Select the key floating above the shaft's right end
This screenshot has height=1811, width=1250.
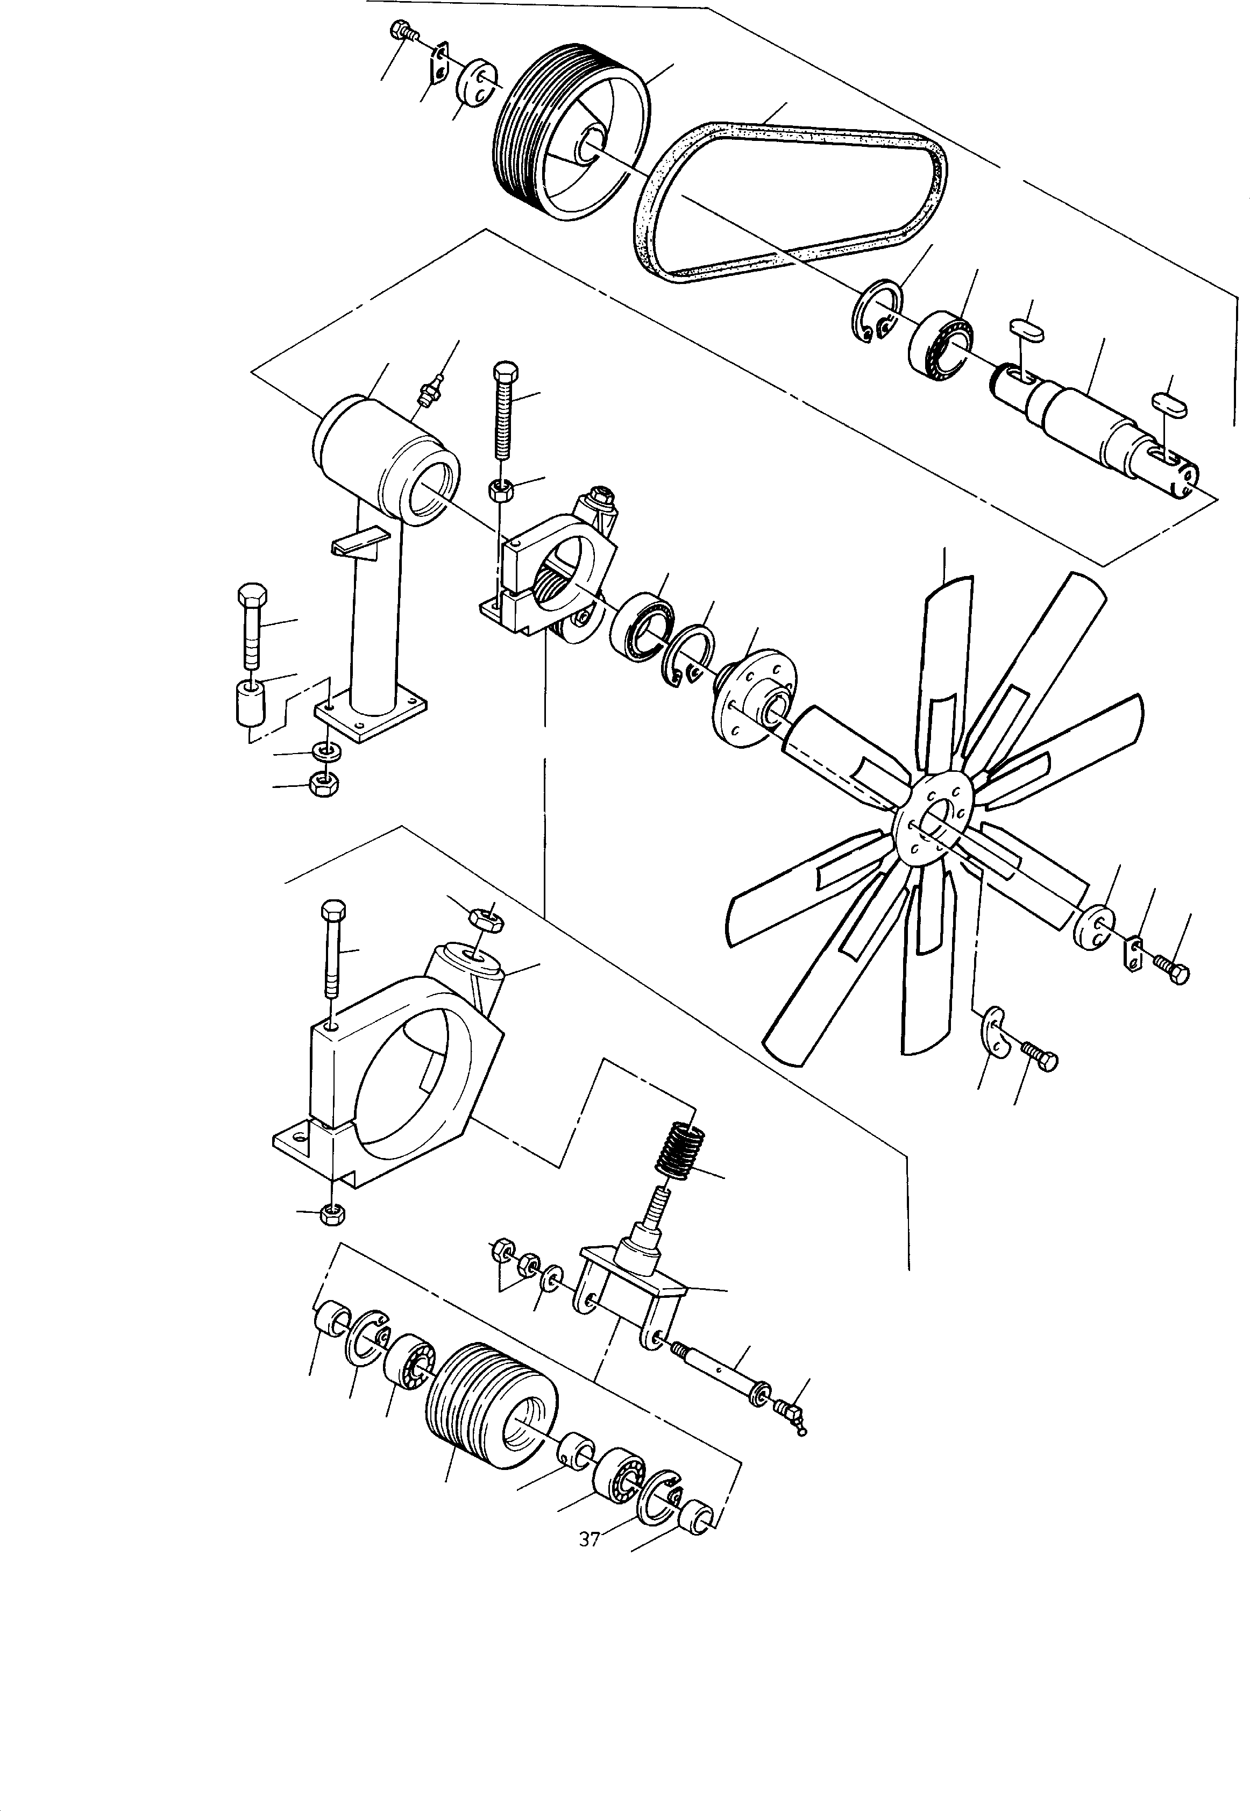pyautogui.click(x=1169, y=407)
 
